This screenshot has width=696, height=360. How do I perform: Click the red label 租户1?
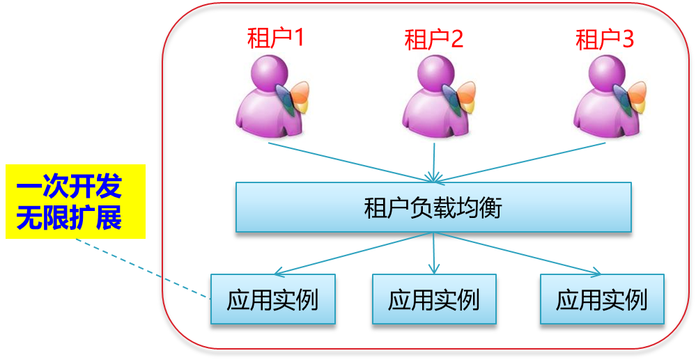275,38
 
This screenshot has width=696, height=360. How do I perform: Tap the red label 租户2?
433,40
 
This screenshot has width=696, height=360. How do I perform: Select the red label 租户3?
604,40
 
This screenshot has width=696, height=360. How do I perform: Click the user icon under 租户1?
268,97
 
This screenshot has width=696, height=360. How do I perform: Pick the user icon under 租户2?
433,97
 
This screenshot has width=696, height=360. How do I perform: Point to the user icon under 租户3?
605,97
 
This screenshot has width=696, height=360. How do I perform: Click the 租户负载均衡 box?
433,207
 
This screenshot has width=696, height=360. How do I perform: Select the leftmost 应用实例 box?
272,299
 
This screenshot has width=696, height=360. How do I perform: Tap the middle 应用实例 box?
434,299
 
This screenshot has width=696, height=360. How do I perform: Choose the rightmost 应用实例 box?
602,299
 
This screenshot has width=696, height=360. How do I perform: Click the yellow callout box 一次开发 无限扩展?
75,201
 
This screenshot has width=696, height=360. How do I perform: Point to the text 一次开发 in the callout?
69,187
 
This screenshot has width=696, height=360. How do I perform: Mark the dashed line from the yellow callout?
139,269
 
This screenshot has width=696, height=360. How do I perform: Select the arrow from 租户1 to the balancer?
348,160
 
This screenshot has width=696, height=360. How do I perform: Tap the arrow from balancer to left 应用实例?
352,253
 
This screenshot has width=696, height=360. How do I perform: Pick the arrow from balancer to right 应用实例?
519,253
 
